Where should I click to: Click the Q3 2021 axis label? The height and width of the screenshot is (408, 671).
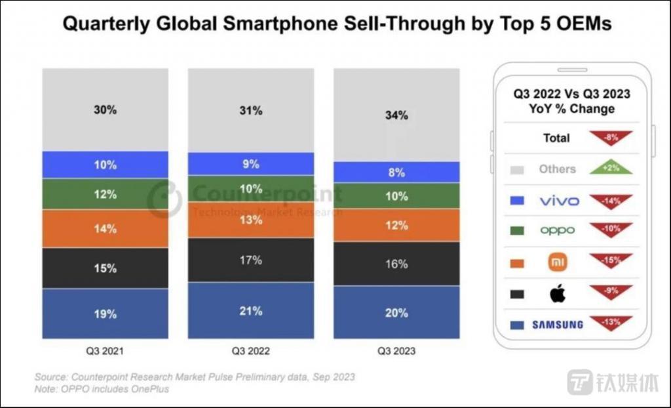[105, 351]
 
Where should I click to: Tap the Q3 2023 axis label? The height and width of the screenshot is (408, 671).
[396, 351]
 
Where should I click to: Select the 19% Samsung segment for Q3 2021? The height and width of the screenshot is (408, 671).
[105, 314]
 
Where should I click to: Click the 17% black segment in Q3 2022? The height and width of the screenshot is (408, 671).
[250, 260]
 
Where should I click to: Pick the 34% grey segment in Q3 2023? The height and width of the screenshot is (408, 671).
[396, 115]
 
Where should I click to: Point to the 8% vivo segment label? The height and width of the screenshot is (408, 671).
[396, 173]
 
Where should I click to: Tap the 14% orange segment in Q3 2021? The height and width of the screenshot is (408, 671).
[105, 228]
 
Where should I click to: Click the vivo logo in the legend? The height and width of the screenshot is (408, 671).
[559, 201]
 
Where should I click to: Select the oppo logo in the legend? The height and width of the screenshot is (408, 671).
[558, 230]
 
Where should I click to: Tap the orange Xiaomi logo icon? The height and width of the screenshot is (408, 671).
[558, 262]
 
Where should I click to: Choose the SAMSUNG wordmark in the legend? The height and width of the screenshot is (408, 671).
[558, 325]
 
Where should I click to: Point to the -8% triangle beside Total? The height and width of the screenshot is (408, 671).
[611, 137]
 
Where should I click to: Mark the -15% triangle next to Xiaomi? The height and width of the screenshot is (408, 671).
[611, 261]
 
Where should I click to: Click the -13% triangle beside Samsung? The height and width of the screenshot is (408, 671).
[611, 322]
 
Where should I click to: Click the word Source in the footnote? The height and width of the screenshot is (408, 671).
[50, 378]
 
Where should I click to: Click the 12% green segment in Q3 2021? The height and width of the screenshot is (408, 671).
[105, 194]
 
